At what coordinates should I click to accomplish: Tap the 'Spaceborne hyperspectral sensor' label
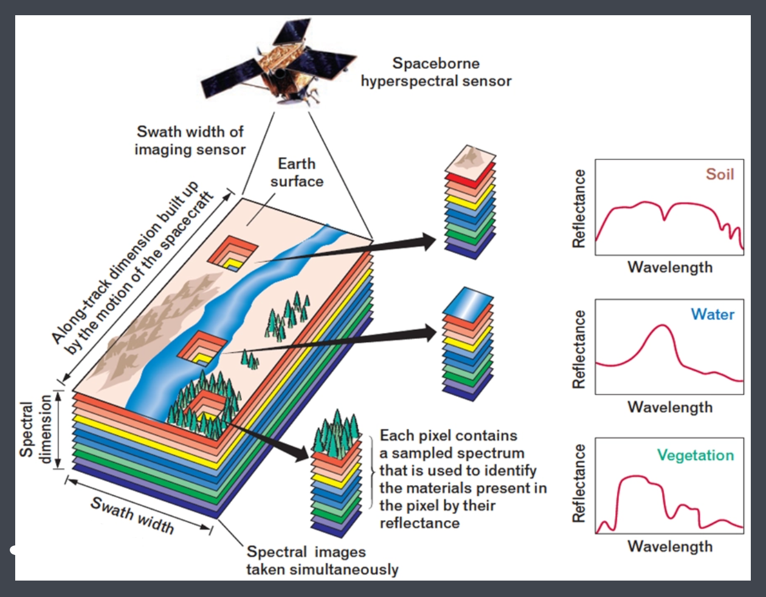(436, 72)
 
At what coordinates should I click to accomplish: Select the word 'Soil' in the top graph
(720, 174)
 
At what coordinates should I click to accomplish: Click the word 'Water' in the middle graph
(713, 314)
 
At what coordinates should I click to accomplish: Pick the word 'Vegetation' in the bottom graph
(695, 455)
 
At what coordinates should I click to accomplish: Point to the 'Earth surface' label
(297, 172)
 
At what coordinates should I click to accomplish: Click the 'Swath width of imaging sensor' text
(190, 141)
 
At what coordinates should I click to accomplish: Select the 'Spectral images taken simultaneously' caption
(322, 560)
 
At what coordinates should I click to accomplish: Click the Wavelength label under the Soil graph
(670, 267)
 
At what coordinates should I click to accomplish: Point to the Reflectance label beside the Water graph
(579, 349)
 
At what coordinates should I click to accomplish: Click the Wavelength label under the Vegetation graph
(670, 546)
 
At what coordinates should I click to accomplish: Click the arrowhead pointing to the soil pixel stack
(429, 242)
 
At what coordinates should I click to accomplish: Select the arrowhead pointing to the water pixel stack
(429, 332)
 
